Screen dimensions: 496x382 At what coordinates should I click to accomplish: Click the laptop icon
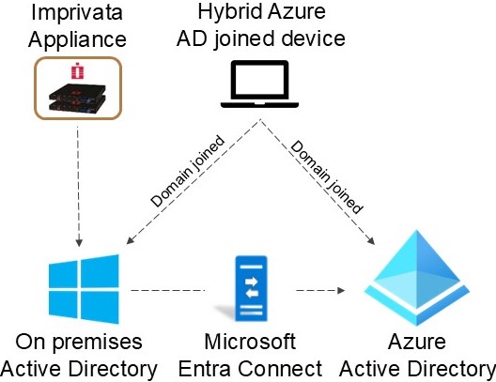tap(259, 84)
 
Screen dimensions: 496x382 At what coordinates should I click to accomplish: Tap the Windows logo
tap(84, 289)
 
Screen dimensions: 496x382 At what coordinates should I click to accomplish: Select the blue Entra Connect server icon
tap(251, 288)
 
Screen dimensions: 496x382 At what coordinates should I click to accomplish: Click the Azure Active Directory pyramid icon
tap(417, 278)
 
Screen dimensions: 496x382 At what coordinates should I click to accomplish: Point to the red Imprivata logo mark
tap(77, 70)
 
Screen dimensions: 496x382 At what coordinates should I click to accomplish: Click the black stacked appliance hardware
tap(77, 98)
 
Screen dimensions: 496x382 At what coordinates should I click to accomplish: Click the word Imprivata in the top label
tap(77, 12)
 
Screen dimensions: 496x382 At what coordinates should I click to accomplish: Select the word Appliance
tap(77, 40)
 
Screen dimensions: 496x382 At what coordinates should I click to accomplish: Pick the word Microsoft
tap(250, 342)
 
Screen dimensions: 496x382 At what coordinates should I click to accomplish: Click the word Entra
tap(205, 369)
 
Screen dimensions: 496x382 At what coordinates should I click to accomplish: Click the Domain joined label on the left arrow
tap(188, 171)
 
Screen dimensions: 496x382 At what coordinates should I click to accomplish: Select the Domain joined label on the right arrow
tap(327, 177)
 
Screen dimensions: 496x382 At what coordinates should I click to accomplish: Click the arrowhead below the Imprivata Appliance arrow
tap(79, 242)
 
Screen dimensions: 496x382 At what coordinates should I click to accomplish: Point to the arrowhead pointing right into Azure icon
tap(341, 290)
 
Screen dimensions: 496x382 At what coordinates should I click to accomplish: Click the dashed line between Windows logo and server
tap(167, 290)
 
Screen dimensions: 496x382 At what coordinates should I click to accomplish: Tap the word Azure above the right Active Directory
tap(417, 342)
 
